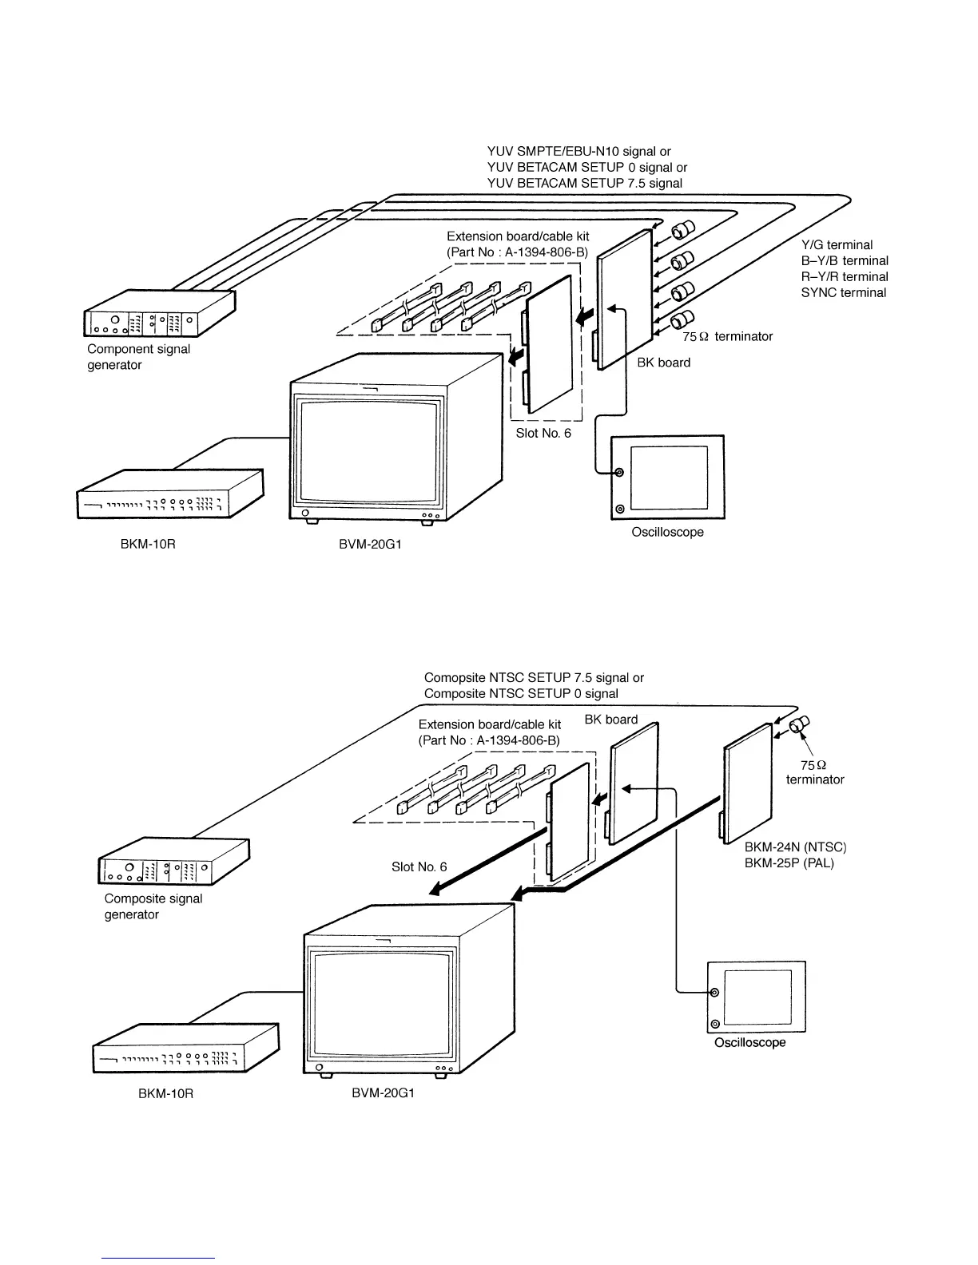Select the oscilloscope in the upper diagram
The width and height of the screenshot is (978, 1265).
(x=667, y=477)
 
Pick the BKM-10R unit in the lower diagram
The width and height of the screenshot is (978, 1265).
(x=186, y=1049)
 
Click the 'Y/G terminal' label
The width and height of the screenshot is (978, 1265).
(x=837, y=245)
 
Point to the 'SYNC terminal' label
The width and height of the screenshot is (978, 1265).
(x=843, y=293)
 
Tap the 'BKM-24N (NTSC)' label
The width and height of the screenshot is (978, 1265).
(x=794, y=847)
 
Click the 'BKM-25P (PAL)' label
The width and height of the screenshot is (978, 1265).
(x=789, y=863)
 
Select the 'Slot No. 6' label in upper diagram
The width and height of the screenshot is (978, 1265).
(x=543, y=434)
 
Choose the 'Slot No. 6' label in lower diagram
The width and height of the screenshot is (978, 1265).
(x=419, y=867)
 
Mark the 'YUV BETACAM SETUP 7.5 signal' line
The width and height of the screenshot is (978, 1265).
(x=584, y=184)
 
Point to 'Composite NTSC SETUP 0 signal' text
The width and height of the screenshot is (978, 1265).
(x=521, y=694)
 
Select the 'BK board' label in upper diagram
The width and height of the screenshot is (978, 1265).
(x=663, y=363)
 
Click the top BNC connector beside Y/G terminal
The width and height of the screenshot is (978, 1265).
(x=683, y=231)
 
